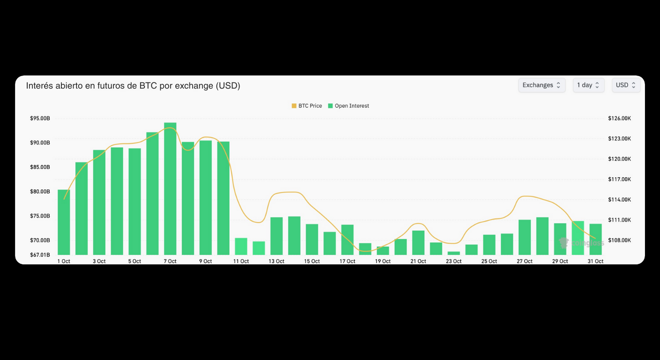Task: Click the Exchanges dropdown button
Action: tap(541, 85)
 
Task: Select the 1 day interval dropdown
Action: tap(588, 85)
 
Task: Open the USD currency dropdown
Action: tap(626, 85)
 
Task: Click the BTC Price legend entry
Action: tap(307, 106)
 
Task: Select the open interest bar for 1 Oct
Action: tap(64, 222)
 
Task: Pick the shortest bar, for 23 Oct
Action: tap(454, 253)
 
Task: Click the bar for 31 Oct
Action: tap(595, 239)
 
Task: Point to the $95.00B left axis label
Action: tap(40, 119)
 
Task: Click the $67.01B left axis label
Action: tap(40, 255)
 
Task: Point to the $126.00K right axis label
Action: tap(619, 119)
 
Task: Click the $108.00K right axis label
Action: tap(619, 240)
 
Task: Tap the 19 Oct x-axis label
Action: tap(382, 261)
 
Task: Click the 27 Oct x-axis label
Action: tap(525, 261)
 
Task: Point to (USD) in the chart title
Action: tap(228, 86)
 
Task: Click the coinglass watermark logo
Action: tap(581, 243)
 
